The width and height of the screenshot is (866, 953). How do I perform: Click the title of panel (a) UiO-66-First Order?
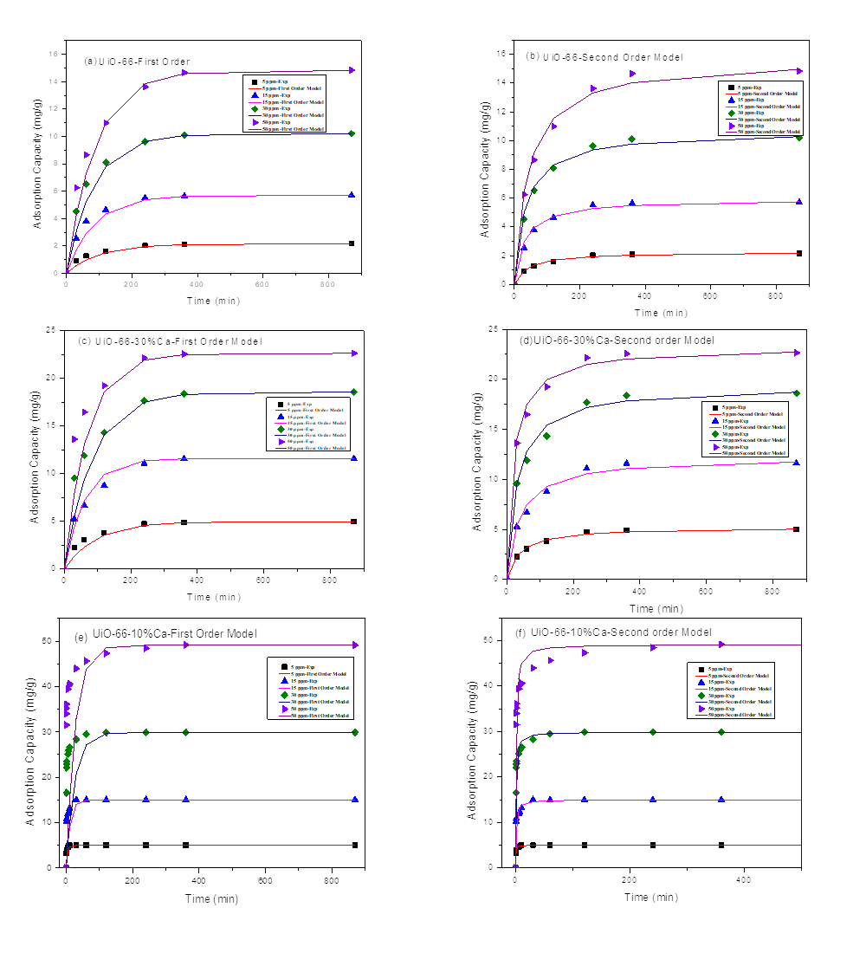click(137, 62)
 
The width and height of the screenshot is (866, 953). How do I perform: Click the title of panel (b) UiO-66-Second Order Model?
click(604, 56)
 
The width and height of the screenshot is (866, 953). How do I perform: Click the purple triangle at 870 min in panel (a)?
click(352, 70)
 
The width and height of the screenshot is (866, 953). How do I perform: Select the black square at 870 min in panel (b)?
click(798, 253)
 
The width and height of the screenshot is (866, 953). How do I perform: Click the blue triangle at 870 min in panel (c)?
click(353, 458)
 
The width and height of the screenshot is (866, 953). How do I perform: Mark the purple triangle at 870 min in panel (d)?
click(797, 353)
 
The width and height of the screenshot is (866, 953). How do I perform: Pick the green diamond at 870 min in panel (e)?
click(355, 732)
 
